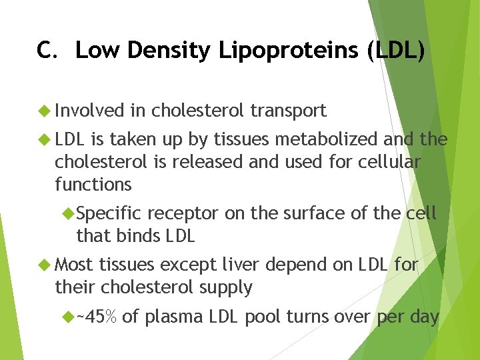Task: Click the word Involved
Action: coord(90,111)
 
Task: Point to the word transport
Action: coord(288,111)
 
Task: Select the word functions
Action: coord(93,183)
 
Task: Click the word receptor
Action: coord(183,214)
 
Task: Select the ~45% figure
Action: coord(97,317)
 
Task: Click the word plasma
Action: coord(167,318)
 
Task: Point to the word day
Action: coord(424,318)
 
